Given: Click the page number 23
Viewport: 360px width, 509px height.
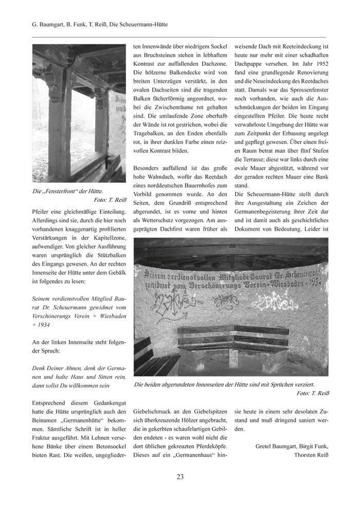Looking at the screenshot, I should (180, 477).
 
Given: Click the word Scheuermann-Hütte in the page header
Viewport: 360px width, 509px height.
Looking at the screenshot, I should (139, 24).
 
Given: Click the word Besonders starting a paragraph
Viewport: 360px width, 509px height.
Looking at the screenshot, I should (149, 169).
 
